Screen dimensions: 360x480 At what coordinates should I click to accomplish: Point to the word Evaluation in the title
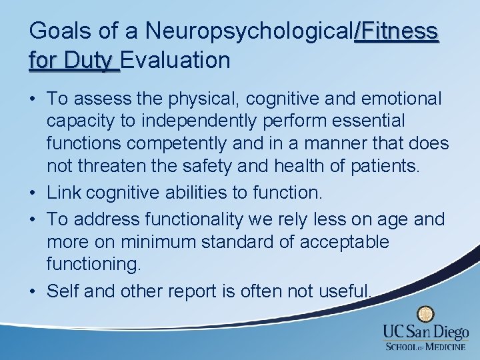pyautogui.click(x=176, y=61)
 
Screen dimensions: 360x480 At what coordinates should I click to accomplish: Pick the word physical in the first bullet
pyautogui.click(x=197, y=99)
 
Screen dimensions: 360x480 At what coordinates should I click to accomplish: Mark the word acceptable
pyautogui.click(x=344, y=242)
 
